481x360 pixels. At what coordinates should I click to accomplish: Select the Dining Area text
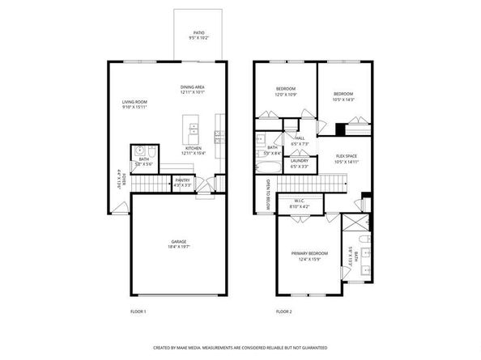point(194,88)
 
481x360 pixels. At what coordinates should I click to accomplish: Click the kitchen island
point(192,129)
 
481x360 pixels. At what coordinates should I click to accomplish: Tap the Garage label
point(179,240)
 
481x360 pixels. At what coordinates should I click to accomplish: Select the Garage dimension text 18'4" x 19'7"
point(179,246)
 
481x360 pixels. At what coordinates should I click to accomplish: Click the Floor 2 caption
point(284,311)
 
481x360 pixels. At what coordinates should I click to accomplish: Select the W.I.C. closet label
point(299,201)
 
